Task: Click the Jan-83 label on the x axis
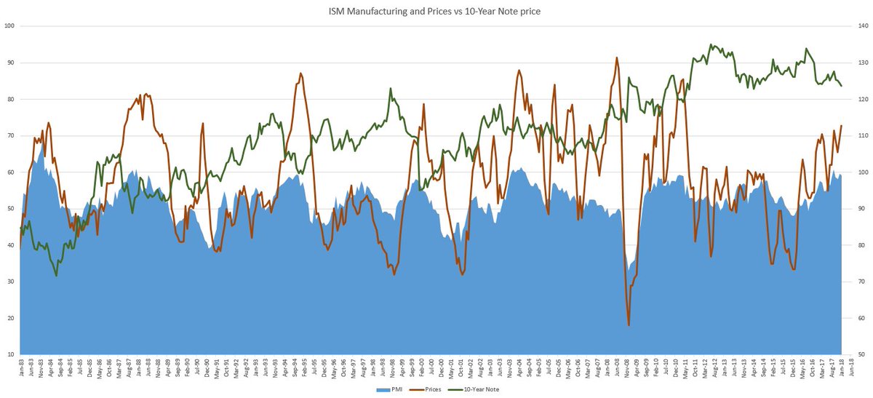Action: tap(21, 368)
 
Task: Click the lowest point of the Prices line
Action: tap(629, 325)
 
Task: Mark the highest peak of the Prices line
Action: tap(617, 57)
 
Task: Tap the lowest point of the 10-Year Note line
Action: tap(56, 276)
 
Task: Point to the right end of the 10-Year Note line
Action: tap(842, 86)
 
